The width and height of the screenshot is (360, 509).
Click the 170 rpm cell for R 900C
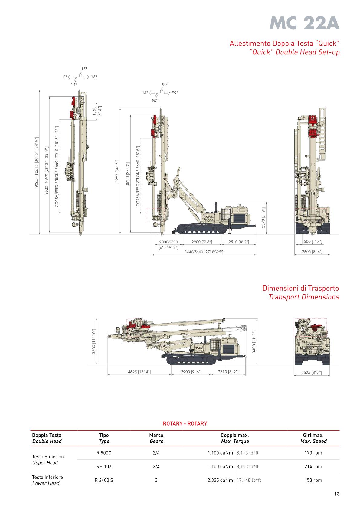[313, 453]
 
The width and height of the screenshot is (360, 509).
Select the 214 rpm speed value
[313, 466]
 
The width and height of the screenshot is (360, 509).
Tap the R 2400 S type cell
[104, 480]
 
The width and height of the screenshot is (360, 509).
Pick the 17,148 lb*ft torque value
[249, 480]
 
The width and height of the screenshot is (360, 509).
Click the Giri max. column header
[313, 438]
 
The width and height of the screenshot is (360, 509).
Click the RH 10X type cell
[104, 466]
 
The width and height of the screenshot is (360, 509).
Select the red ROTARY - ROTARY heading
[185, 423]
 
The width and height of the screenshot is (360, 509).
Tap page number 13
[337, 494]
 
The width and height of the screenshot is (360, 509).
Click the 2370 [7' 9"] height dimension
[263, 218]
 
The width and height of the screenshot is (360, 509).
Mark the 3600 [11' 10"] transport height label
[94, 341]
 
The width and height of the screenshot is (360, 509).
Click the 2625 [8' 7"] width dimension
[312, 372]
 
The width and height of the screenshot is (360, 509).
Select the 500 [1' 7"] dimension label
[313, 242]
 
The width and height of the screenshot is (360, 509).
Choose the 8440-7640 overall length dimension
[204, 252]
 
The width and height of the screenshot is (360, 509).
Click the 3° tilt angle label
[65, 77]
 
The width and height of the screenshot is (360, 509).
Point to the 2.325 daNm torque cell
[220, 480]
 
